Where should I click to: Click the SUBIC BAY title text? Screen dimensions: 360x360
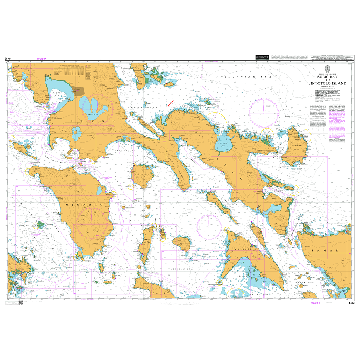point(327,76)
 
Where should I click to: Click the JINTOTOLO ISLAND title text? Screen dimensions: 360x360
point(327,83)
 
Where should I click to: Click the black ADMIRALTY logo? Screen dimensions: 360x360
point(262,57)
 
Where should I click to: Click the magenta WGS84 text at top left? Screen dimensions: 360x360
point(41,59)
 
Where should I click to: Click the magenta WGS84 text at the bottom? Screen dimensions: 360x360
point(315,303)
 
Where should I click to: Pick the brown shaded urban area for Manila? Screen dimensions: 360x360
point(79,91)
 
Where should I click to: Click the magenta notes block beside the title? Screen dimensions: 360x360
point(337,125)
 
